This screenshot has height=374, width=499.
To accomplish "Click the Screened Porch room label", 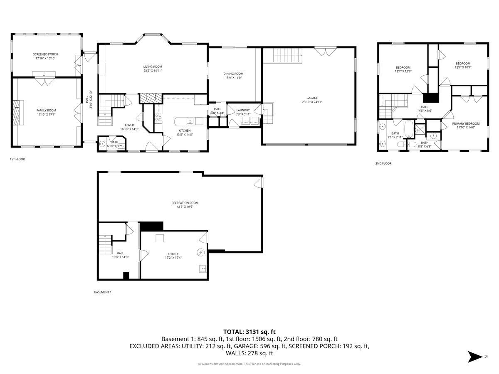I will (x=46, y=54).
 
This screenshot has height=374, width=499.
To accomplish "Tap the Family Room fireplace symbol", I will (x=16, y=113).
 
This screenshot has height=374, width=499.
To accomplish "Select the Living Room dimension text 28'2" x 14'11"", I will (x=153, y=71).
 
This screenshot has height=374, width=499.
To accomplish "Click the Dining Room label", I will (x=233, y=74).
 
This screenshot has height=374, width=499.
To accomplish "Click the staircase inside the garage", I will (x=287, y=55).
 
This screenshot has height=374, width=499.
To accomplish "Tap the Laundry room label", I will (x=242, y=110).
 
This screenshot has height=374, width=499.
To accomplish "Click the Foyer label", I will (x=129, y=125).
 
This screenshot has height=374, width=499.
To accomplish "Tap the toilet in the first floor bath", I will (x=102, y=145).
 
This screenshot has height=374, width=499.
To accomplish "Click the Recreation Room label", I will (x=185, y=203).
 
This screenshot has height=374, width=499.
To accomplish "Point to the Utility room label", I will (x=173, y=254).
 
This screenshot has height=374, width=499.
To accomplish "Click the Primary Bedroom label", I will (x=466, y=123).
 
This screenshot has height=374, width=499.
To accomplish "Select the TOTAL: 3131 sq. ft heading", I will (x=249, y=332).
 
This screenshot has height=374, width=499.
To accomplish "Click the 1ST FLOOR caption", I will (x=17, y=159).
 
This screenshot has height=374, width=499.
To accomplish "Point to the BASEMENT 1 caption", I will (x=103, y=292).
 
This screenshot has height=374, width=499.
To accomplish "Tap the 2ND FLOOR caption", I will (x=383, y=163).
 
